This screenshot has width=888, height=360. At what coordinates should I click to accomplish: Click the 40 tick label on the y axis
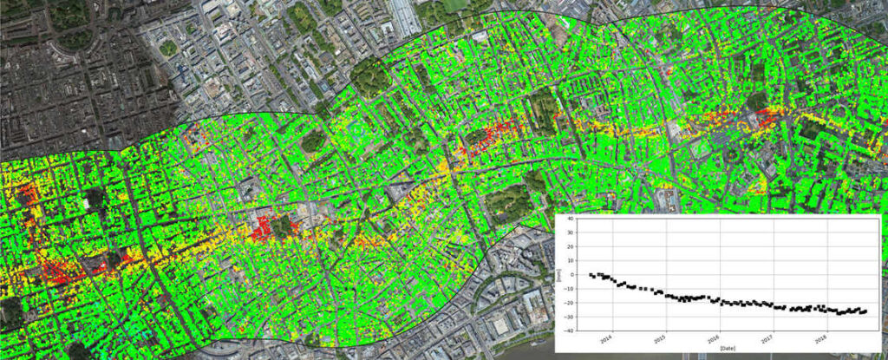pyautogui.click(x=570, y=219)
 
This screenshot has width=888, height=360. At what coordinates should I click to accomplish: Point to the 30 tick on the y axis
pyautogui.click(x=570, y=233)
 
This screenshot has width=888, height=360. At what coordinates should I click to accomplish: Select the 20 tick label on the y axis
pyautogui.click(x=570, y=247)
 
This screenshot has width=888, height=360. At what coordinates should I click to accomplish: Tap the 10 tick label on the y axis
pyautogui.click(x=570, y=261)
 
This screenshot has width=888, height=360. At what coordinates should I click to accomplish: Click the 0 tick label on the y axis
pyautogui.click(x=571, y=275)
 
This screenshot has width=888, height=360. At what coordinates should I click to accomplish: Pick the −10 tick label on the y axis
pyautogui.click(x=569, y=289)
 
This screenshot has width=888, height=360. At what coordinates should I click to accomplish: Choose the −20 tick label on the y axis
pyautogui.click(x=569, y=303)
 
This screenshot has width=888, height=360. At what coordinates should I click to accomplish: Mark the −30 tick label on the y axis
pyautogui.click(x=569, y=317)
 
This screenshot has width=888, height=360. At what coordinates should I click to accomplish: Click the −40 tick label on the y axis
pyautogui.click(x=569, y=331)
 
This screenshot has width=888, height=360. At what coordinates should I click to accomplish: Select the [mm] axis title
pyautogui.click(x=559, y=275)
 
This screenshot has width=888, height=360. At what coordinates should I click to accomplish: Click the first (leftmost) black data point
pyautogui.click(x=591, y=275)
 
